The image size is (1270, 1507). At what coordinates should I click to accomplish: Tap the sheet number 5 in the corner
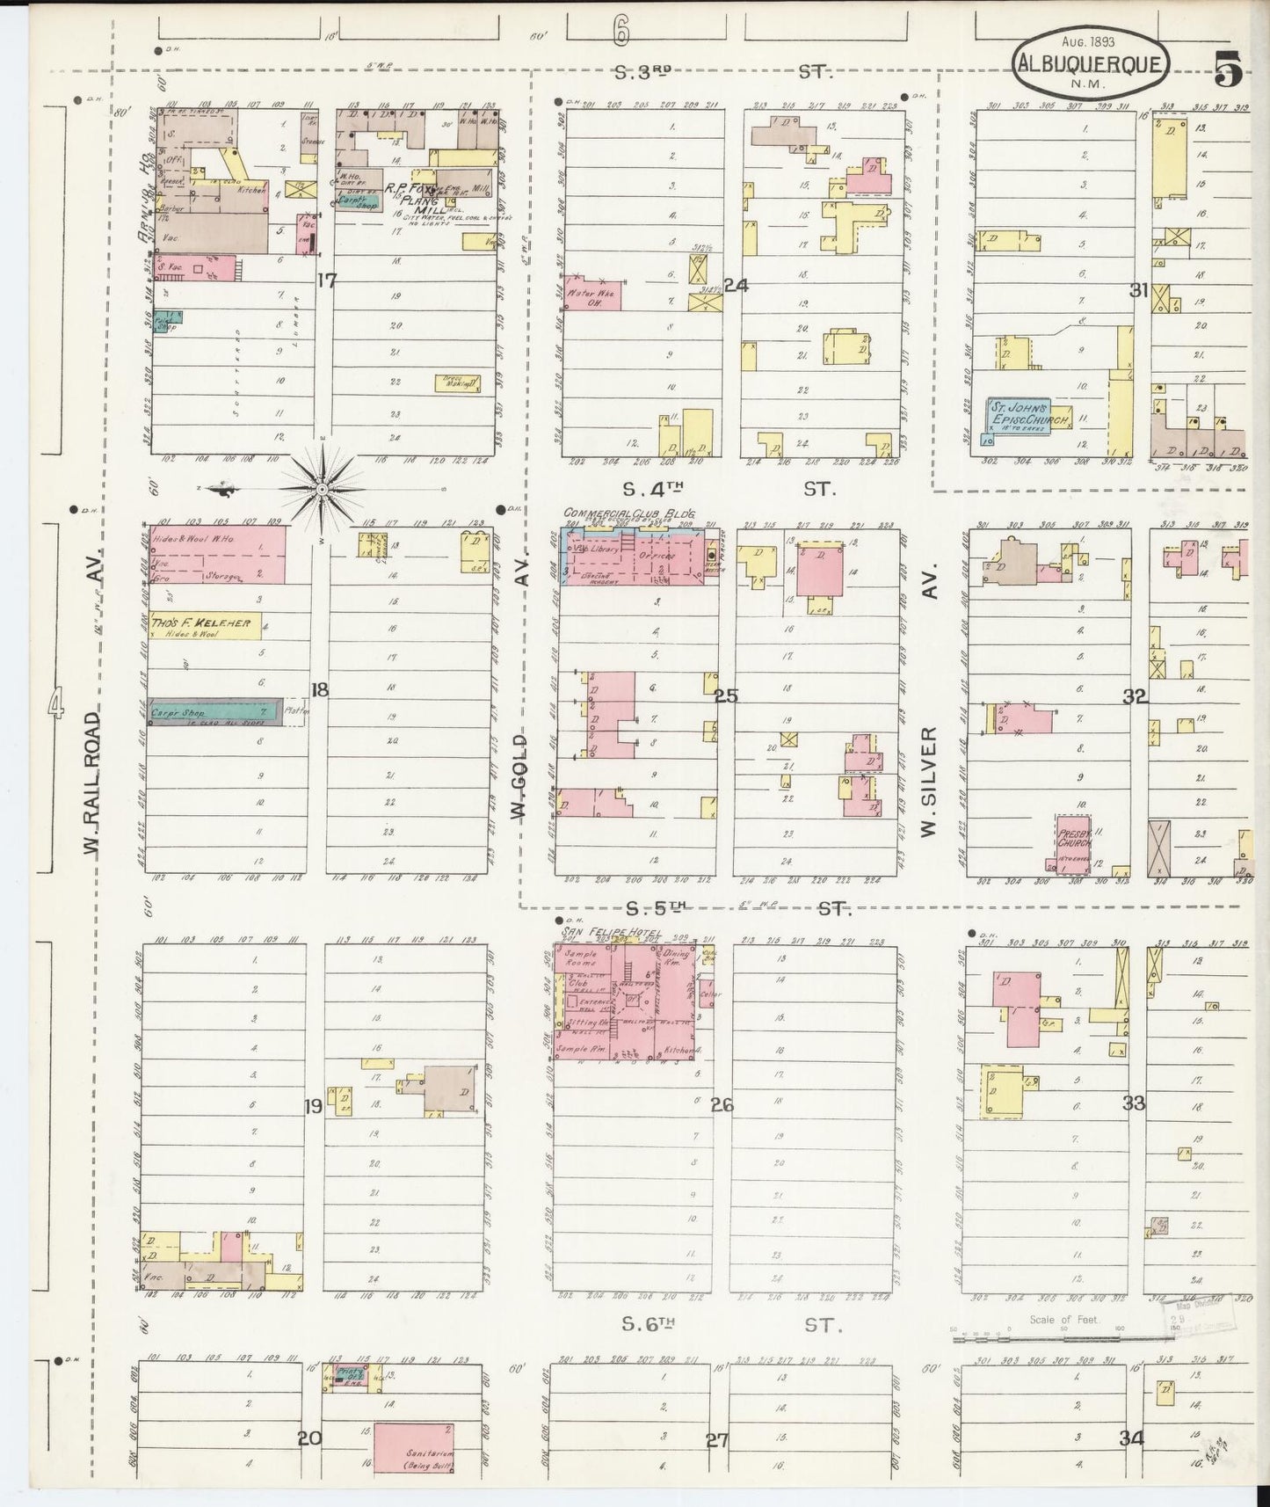tap(1228, 69)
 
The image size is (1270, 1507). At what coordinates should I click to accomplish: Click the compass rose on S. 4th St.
tap(323, 487)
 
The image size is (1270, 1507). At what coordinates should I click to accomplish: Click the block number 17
tap(327, 281)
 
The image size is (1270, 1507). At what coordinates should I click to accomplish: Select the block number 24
tap(735, 285)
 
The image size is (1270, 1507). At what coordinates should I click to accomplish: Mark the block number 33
tap(1134, 1103)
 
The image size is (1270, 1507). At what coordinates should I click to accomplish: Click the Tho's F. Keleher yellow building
tap(206, 624)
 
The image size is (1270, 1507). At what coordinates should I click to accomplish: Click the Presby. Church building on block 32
tap(1073, 844)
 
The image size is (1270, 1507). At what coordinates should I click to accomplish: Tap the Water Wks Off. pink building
tap(591, 294)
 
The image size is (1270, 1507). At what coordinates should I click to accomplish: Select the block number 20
tap(308, 1439)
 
